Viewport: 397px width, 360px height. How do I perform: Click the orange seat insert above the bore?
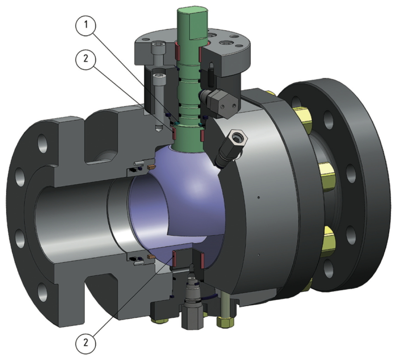coord(151,167)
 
